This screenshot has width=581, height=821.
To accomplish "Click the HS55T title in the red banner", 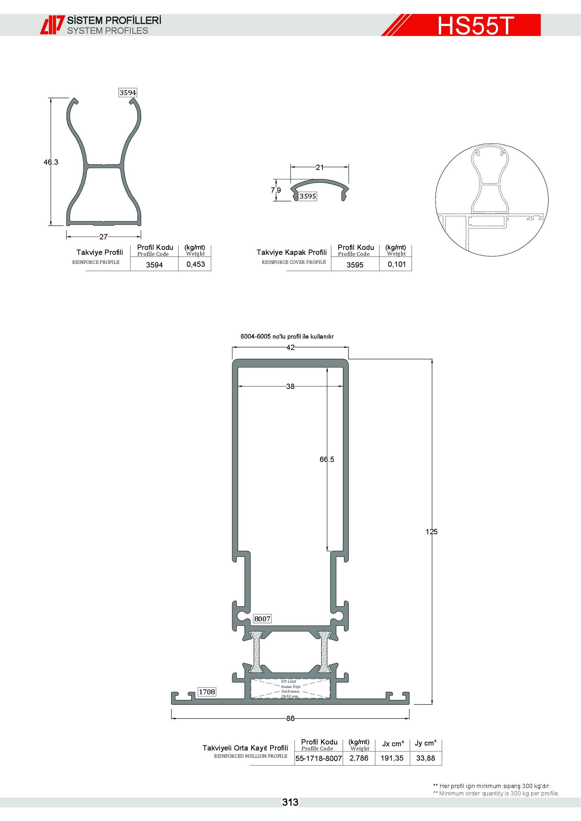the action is click(476, 25).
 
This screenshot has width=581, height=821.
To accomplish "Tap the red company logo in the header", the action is click(52, 25).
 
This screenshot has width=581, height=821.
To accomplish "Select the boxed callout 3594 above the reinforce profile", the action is click(128, 93).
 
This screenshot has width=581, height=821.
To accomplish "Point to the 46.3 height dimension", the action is click(51, 162).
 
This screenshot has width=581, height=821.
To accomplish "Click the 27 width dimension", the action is click(103, 237).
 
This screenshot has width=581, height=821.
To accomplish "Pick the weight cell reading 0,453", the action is click(196, 264).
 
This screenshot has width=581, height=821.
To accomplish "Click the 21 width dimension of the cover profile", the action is click(319, 167).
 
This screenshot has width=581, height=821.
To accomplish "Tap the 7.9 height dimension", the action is click(276, 190).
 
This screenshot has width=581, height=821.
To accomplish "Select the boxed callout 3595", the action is click(308, 196).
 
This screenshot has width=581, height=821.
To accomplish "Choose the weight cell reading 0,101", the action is click(397, 264).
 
